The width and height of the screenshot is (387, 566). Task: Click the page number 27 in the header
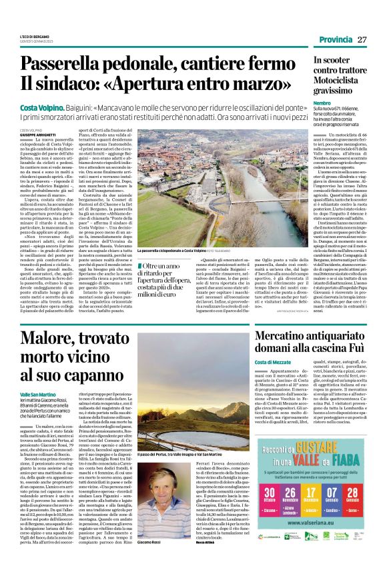click(x=362, y=39)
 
